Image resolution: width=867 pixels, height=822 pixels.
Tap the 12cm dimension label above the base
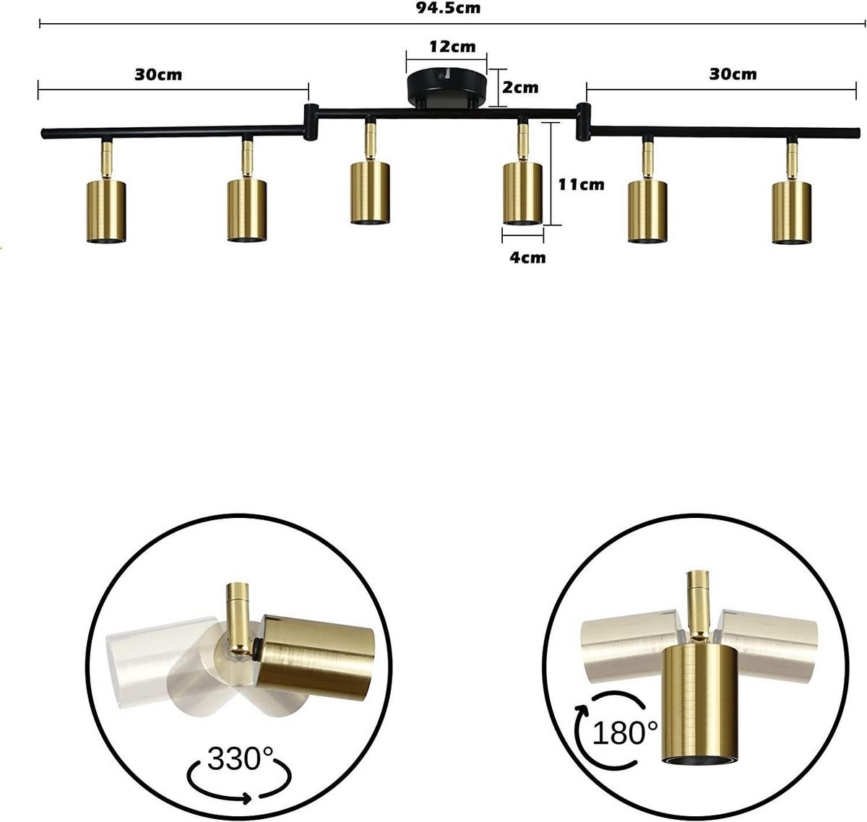[452, 48]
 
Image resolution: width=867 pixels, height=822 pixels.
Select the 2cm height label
[520, 87]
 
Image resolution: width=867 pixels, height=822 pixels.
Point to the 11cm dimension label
[581, 184]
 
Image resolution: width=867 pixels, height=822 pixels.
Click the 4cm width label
[527, 257]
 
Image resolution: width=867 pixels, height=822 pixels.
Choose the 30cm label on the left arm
[158, 74]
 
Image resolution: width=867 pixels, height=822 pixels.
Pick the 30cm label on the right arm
[733, 74]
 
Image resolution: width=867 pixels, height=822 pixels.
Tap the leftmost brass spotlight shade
[107, 210]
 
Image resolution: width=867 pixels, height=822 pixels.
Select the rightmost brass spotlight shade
[791, 212]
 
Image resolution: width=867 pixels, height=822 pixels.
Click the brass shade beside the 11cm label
[522, 193]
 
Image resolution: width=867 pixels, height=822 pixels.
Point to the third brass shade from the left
[370, 192]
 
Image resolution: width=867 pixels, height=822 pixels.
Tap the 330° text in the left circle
[241, 759]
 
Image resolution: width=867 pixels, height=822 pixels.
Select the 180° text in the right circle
[625, 732]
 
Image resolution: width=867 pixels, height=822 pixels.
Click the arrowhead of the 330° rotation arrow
[249, 798]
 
